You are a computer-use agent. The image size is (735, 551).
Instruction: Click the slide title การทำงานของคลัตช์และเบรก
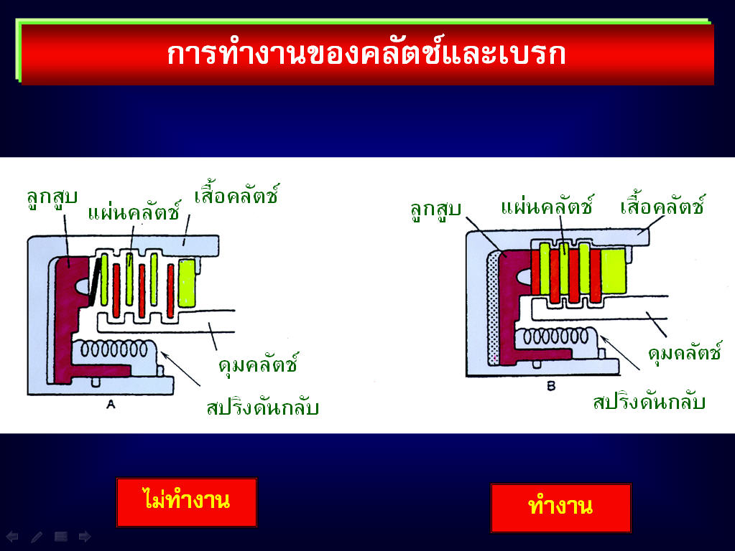(366, 54)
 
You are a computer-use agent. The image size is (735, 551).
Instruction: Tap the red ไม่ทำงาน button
(187, 501)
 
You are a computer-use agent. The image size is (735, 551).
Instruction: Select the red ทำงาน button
(560, 508)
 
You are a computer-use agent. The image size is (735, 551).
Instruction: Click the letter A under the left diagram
(111, 404)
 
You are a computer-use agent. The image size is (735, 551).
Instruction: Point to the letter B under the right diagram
(551, 386)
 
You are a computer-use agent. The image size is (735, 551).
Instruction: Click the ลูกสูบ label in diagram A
(52, 198)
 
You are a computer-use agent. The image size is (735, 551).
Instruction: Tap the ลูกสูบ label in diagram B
(435, 210)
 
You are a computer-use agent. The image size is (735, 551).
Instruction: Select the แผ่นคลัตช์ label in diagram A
(134, 210)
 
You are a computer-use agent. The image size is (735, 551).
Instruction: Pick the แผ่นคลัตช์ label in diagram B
(547, 205)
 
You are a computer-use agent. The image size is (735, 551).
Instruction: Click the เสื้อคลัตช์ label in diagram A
(236, 194)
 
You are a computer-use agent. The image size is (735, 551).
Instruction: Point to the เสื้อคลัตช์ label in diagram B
(662, 204)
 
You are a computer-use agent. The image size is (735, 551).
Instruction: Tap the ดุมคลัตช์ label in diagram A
(258, 364)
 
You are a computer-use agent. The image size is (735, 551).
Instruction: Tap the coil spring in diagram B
(555, 336)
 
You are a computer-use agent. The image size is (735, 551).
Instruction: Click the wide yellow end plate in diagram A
(187, 283)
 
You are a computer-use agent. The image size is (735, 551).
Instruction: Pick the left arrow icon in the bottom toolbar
(12, 537)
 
